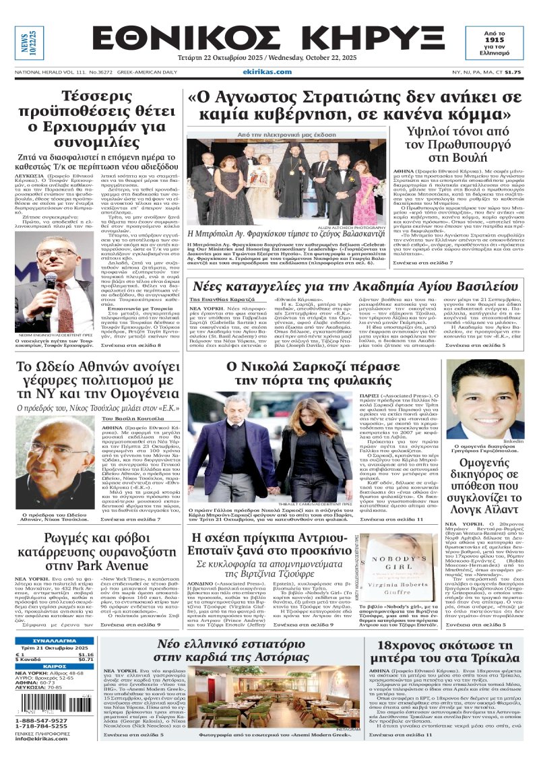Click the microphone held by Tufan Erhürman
[x=51, y=278]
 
